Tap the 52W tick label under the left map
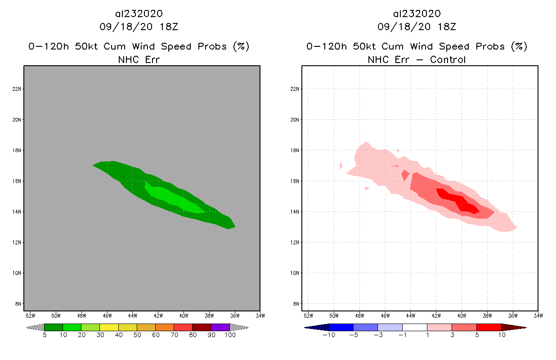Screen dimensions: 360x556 pyautogui.click(x=31, y=315)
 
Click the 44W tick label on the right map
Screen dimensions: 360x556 pyautogui.click(x=411, y=315)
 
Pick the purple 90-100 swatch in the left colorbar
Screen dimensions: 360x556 pyautogui.click(x=220, y=327)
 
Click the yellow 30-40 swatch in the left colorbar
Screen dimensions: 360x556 pyautogui.click(x=109, y=327)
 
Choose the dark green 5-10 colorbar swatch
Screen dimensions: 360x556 pyautogui.click(x=54, y=327)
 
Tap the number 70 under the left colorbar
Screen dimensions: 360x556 pyautogui.click(x=174, y=335)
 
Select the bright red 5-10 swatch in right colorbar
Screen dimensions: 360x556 pyautogui.click(x=489, y=327)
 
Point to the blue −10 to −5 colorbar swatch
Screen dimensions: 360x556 pyautogui.click(x=341, y=327)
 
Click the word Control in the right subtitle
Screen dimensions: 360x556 pyautogui.click(x=448, y=59)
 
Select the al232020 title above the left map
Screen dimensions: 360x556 pyautogui.click(x=139, y=13)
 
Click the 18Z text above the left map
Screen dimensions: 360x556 pyautogui.click(x=168, y=27)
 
